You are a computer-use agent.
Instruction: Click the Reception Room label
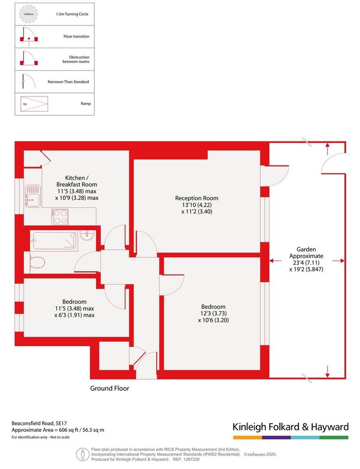coord(197,198)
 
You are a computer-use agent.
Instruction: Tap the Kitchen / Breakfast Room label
coord(77,181)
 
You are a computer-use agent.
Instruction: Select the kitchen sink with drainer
coord(33,196)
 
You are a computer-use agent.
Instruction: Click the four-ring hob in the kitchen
coord(60,217)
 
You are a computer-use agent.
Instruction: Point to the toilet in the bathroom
coord(38,263)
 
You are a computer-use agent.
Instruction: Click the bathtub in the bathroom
coord(55,240)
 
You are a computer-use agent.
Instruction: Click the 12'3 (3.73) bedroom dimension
coord(213,313)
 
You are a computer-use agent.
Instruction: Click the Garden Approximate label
coord(306,252)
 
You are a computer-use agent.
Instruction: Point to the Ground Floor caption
coord(110,388)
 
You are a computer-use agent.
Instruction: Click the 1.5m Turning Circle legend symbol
coord(29,14)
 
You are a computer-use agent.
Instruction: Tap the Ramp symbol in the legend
coord(34,104)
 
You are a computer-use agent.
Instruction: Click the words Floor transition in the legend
coord(76,37)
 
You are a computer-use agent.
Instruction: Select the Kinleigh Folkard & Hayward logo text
coord(291,427)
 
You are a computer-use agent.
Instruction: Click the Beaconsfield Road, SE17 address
coord(39,423)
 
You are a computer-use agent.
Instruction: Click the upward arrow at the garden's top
coord(327,149)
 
